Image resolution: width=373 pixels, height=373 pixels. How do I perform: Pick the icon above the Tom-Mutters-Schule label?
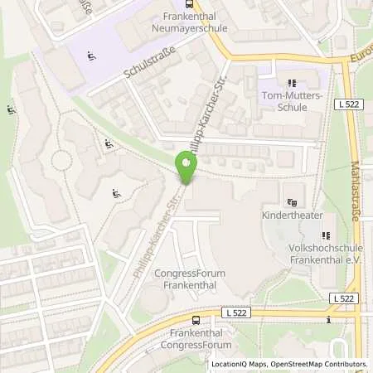coord(291,83)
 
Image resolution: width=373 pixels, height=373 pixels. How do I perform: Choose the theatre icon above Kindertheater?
coord(291,201)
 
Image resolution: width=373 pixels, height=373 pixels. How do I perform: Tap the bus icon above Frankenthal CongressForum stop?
coord(196,319)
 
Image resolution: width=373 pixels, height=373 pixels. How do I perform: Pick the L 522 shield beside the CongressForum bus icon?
coord(236,313)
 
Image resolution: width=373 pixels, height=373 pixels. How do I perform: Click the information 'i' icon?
coord(329,320)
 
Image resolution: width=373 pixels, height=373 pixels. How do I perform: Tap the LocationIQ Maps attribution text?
coord(240,364)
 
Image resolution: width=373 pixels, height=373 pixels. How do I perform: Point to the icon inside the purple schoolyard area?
coord(90,56)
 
